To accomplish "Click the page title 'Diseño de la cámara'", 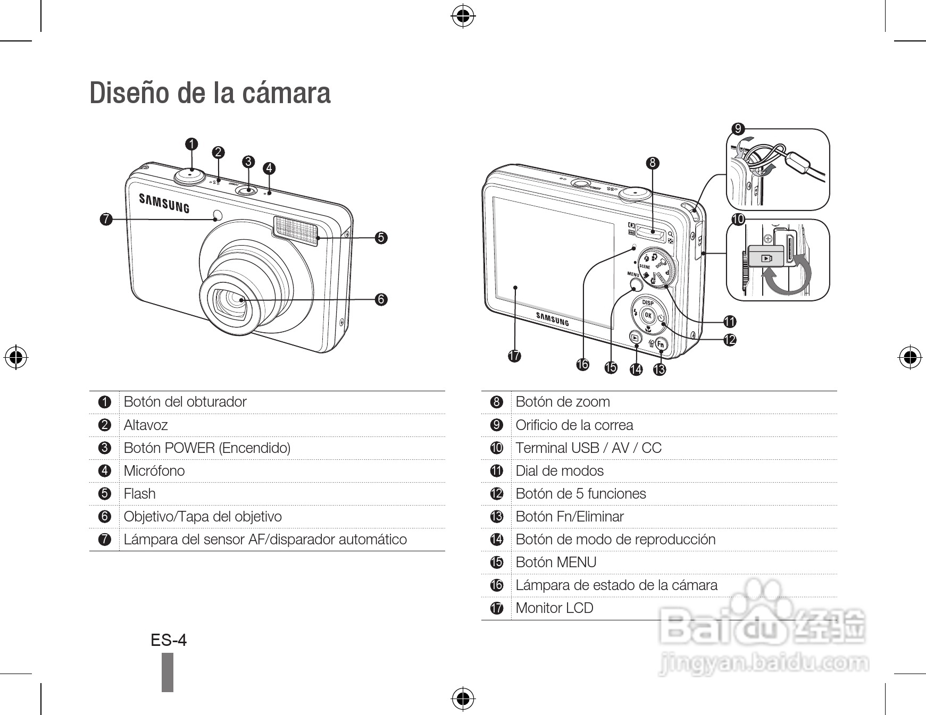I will pos(210,93).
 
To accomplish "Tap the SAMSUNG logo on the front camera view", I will pos(164,203).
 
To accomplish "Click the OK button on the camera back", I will pos(647,315).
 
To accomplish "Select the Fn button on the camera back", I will pos(661,344).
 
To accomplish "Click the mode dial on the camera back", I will pos(658,267).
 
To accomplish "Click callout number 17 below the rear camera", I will pos(514,356).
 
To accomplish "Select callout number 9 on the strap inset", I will pos(737,129).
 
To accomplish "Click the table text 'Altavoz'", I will pos(146,425).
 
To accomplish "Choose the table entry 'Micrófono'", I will pos(154,471).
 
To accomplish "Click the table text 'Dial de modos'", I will pos(560,471).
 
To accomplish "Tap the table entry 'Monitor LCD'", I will pos(554,608).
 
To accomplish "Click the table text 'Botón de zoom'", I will pos(563,402).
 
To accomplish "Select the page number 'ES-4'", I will pos(169,640).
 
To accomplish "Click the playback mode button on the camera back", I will pos(635,337).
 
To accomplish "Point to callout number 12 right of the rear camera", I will pos(730,339).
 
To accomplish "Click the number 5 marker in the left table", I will pos(105,494).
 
